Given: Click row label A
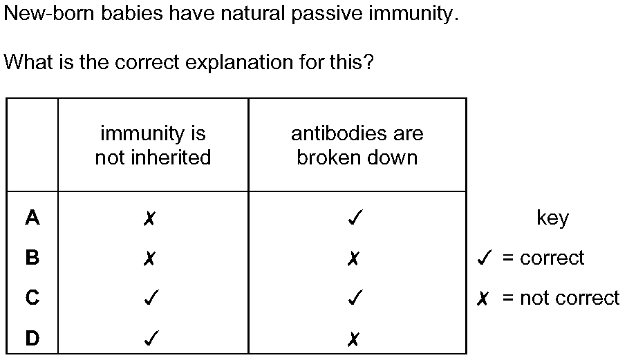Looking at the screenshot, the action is pos(32,218).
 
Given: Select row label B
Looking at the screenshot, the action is pos(32,258).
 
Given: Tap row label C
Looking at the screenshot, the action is pos(32,298).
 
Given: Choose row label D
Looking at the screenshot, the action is pos(32,338).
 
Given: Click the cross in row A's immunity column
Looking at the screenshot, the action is pos(149,218).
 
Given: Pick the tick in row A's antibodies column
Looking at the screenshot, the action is pos(355,218).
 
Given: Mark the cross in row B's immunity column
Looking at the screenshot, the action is pos(149,258).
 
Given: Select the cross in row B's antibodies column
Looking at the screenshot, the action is pos(353,258).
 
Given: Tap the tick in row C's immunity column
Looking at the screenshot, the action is pos(151,297).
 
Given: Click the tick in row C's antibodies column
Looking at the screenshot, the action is pos(355,297).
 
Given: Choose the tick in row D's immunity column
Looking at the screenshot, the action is pos(151,338).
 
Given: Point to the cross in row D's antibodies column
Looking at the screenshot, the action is pos(353,339).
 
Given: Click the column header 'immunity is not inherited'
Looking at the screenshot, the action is pos(153,145).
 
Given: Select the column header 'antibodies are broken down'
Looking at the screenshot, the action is pos(357,145).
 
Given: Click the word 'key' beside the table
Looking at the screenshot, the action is pos(552,218).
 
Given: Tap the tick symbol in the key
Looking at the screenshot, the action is pos(484,258).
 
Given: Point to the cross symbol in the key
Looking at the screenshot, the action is pos(483,299).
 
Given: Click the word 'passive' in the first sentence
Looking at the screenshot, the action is pos(327,14).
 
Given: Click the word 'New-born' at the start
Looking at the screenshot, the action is pos(50,13).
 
